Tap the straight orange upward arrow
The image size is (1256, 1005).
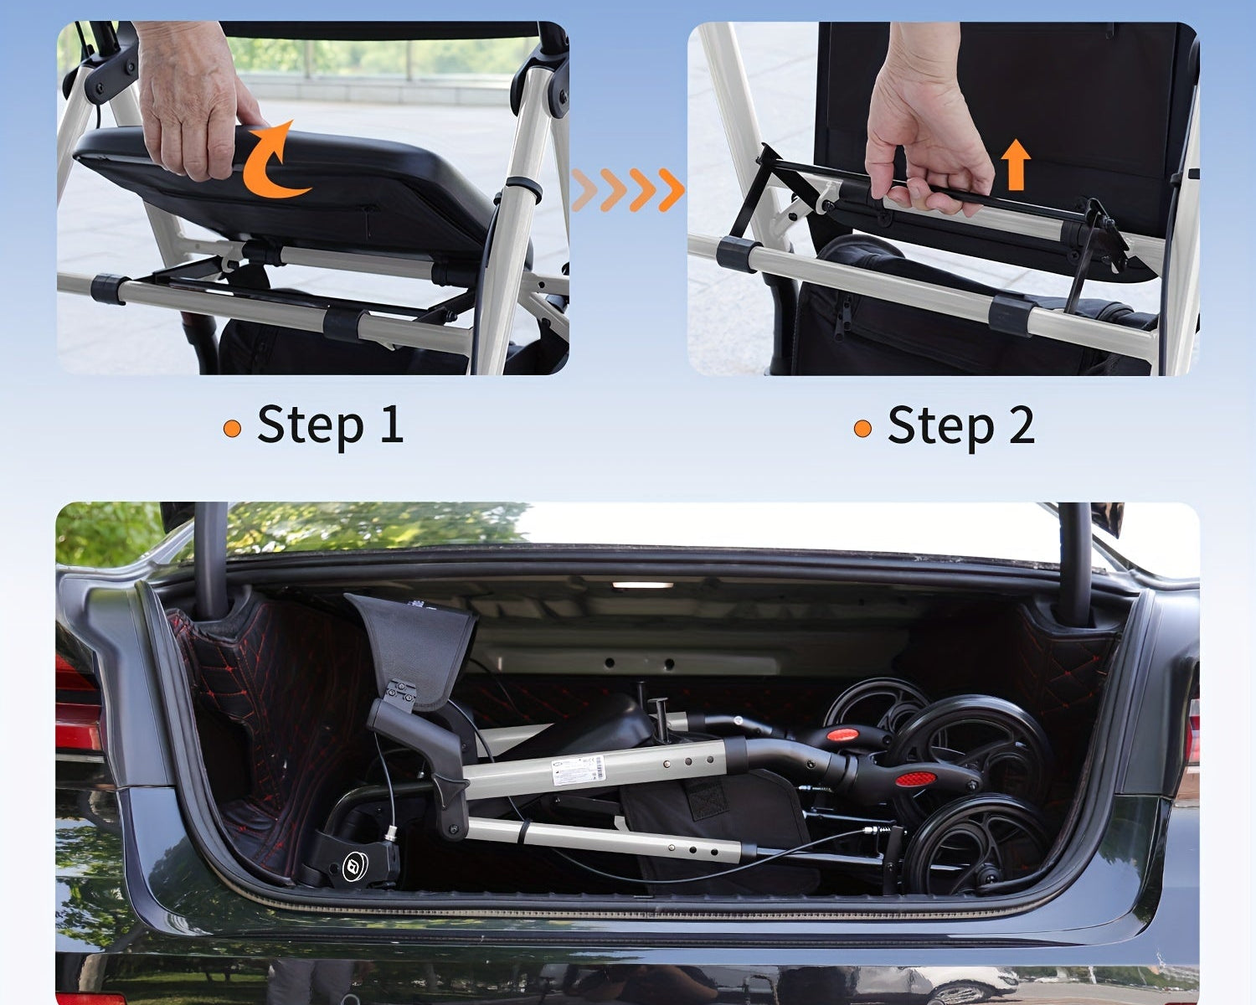tap(1016, 164)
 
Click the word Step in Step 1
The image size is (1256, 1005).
tap(311, 425)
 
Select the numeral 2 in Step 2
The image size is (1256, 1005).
tap(1020, 425)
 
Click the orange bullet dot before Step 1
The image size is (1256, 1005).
tap(232, 429)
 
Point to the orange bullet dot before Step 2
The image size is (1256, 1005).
tap(862, 429)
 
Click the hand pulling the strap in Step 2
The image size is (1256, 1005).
tap(925, 122)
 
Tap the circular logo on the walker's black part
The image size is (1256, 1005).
tap(355, 865)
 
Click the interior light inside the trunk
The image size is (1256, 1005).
tap(642, 585)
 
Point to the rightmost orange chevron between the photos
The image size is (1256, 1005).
tap(672, 189)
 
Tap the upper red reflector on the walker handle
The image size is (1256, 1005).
tap(843, 734)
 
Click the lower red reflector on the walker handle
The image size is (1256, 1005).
tap(916, 779)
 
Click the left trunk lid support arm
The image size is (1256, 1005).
tap(211, 560)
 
